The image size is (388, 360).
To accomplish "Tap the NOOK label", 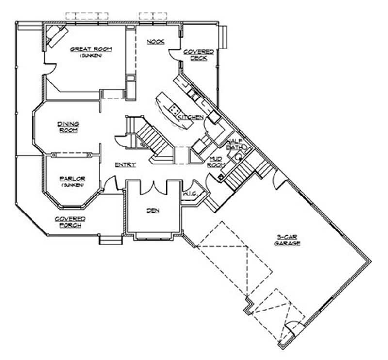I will pyautogui.click(x=155, y=42).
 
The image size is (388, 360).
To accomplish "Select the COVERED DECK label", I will pyautogui.click(x=195, y=54).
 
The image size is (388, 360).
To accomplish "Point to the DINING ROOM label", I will pyautogui.click(x=68, y=127).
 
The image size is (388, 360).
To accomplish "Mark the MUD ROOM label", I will pyautogui.click(x=216, y=162).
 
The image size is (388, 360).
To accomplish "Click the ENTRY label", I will pyautogui.click(x=125, y=165).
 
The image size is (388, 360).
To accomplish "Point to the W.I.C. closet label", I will pyautogui.click(x=189, y=195).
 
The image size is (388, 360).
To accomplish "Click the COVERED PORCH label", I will pyautogui.click(x=70, y=222).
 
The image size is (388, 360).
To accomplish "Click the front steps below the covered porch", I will pyautogui.click(x=111, y=239).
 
